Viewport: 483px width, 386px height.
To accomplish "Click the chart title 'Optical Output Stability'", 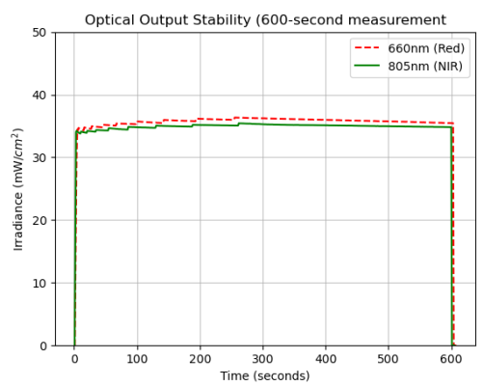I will pyautogui.click(x=265, y=19).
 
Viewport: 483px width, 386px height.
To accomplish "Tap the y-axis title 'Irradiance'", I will pyautogui.click(x=17, y=188).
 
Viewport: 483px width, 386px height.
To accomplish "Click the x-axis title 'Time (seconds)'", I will pyautogui.click(x=264, y=375).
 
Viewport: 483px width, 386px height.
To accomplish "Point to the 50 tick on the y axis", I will pyautogui.click(x=40, y=33).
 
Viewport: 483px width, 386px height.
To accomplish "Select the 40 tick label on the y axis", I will pyautogui.click(x=40, y=96).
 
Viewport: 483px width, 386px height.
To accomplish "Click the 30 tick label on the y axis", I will pyautogui.click(x=40, y=158).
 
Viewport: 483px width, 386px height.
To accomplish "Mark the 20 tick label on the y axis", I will pyautogui.click(x=40, y=221).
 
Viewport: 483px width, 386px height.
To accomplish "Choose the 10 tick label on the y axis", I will pyautogui.click(x=40, y=284).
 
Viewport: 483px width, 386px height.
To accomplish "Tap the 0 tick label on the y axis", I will pyautogui.click(x=44, y=345).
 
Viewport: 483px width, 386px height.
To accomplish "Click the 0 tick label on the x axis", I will pyautogui.click(x=74, y=358).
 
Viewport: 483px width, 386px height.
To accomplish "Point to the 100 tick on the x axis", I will pyautogui.click(x=137, y=358).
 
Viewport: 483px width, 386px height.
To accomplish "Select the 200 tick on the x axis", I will pyautogui.click(x=200, y=358).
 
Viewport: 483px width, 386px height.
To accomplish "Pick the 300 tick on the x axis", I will pyautogui.click(x=262, y=358).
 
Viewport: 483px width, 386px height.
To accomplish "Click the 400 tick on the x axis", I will pyautogui.click(x=326, y=358).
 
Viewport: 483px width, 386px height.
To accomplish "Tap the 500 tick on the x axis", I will pyautogui.click(x=389, y=358).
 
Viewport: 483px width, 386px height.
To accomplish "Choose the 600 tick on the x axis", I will pyautogui.click(x=451, y=358).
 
